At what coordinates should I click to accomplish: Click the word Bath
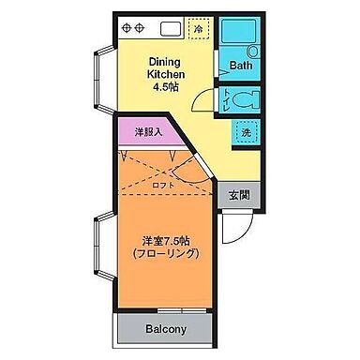(x=241, y=67)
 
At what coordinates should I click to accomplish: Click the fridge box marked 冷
(x=199, y=29)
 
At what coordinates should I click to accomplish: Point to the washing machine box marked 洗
(x=246, y=132)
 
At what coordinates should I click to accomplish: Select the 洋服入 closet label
(x=148, y=132)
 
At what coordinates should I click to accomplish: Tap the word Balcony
(x=166, y=330)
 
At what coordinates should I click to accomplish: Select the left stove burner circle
(x=125, y=27)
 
